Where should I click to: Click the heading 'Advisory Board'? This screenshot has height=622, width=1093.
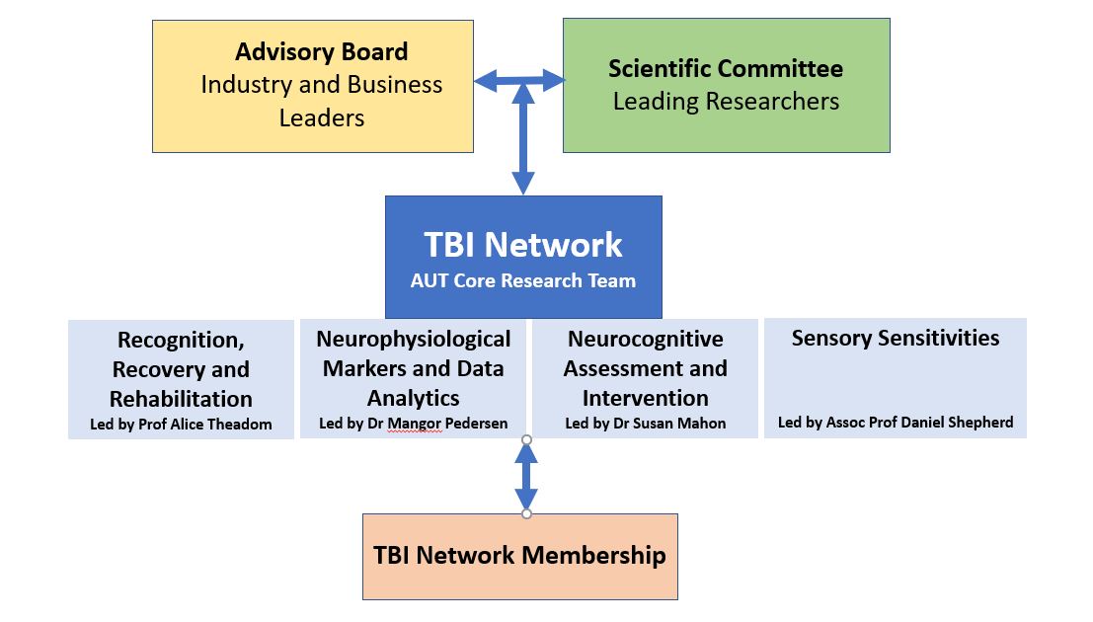(321, 51)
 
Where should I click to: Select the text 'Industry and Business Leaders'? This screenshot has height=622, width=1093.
(321, 101)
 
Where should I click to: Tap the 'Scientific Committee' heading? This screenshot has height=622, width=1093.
(726, 68)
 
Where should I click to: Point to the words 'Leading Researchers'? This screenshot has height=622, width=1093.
(726, 101)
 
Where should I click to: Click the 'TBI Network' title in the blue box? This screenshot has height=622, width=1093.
(523, 244)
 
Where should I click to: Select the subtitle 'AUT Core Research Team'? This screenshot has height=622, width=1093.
(523, 279)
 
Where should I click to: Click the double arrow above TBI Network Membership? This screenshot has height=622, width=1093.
(526, 477)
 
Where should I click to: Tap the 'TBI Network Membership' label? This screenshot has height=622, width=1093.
(519, 555)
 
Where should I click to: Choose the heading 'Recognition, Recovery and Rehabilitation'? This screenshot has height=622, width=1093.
(181, 369)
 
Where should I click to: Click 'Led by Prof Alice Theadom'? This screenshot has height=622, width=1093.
(181, 426)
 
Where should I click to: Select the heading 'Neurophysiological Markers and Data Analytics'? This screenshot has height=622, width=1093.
(414, 368)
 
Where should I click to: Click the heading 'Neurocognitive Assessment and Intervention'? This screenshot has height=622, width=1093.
(645, 368)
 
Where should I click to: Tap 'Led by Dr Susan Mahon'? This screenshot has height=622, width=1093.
(645, 424)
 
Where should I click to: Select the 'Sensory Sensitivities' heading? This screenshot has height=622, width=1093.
(895, 338)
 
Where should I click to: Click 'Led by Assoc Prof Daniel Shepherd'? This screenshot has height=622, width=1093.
(895, 423)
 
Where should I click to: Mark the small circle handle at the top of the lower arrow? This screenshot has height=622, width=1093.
(526, 439)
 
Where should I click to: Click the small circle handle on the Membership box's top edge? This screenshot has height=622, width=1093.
(526, 513)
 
